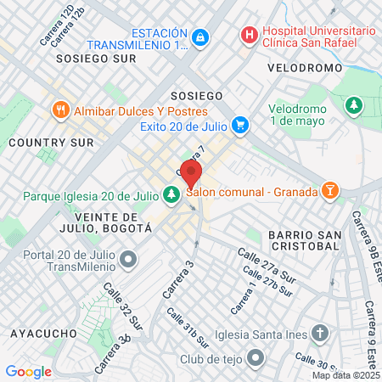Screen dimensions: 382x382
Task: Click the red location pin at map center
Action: [x=191, y=175]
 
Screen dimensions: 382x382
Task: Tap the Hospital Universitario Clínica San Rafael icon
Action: [x=249, y=35]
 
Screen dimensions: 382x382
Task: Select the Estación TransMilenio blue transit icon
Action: [x=199, y=37]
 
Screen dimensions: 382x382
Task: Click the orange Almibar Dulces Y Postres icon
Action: [x=60, y=110]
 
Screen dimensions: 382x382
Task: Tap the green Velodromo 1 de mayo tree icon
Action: [x=353, y=104]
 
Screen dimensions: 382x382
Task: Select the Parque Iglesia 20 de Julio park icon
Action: [x=171, y=195]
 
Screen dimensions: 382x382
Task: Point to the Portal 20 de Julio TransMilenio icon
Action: [x=128, y=258]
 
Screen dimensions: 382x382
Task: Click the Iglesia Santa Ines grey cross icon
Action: [x=319, y=332]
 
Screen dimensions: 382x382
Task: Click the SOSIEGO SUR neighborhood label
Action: [x=95, y=59]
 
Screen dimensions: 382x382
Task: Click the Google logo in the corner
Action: [x=28, y=371]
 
